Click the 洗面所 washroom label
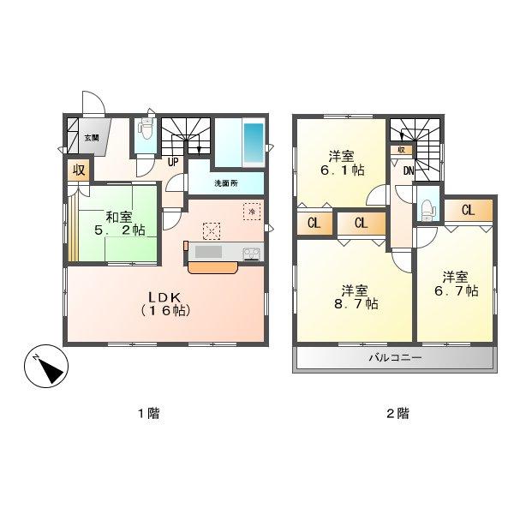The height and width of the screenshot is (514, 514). coord(226,183)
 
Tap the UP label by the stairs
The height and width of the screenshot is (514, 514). coord(173,162)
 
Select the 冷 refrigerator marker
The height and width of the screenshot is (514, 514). coord(252,208)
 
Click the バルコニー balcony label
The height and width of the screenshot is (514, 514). coord(395,357)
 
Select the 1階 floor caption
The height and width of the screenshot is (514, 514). coord(148,413)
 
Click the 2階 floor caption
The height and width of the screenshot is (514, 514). coord(397,413)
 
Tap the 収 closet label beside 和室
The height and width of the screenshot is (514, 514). coord(79,170)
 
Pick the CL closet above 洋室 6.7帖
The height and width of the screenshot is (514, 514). coord(469,209)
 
